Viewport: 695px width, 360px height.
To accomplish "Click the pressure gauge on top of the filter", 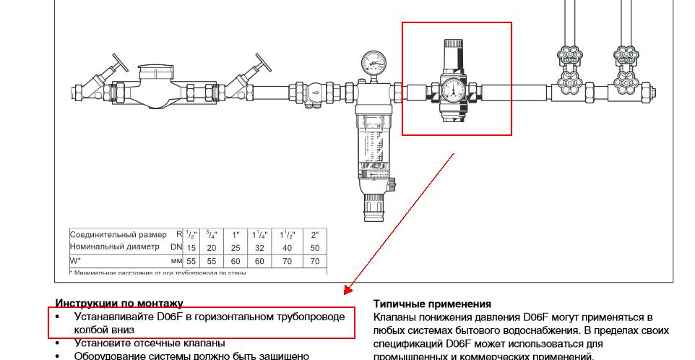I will [374, 62].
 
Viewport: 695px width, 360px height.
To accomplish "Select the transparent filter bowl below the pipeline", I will [374, 145].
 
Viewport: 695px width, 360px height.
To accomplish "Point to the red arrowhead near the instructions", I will [347, 291].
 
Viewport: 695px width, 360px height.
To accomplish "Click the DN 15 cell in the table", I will [191, 247].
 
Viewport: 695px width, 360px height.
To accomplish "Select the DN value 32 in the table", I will [260, 247].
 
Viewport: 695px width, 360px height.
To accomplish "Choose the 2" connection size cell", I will [314, 235].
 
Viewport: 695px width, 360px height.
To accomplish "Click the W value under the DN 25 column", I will [236, 260].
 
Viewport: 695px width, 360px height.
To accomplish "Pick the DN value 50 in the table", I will [314, 247].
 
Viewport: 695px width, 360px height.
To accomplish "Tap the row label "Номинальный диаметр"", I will [114, 247].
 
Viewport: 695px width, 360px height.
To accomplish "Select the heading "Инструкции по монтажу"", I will [119, 304].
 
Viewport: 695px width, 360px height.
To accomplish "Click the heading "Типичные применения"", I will [432, 304].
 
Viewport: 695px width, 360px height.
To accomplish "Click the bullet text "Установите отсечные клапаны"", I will [150, 343].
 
